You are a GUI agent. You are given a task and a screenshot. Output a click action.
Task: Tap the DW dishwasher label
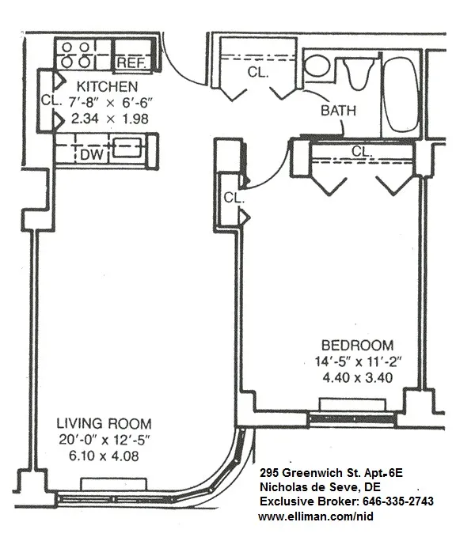[92, 155]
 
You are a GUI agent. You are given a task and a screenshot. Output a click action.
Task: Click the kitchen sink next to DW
[127, 146]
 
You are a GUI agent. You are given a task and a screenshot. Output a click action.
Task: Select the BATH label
[338, 112]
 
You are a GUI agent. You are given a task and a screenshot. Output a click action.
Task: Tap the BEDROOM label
[357, 345]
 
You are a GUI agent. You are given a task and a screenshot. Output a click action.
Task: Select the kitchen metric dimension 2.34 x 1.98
[108, 119]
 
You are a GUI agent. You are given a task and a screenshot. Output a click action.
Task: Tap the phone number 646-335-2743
[397, 501]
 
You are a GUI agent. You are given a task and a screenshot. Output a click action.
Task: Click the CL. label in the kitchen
[48, 101]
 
